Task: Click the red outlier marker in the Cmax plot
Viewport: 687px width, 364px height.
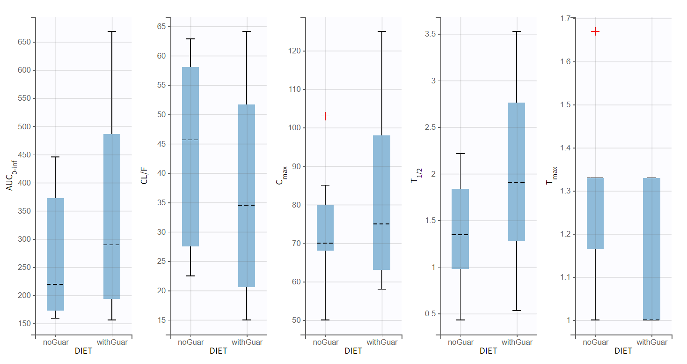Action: point(325,116)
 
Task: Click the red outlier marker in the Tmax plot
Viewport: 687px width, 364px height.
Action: point(595,31)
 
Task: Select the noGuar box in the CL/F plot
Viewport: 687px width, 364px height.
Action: point(190,156)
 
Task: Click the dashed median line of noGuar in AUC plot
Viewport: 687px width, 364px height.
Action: point(56,284)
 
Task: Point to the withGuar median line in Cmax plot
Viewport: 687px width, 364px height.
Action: point(381,224)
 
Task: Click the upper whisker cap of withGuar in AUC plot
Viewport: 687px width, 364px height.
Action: point(112,31)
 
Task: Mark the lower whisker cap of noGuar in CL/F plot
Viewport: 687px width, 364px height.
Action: point(190,276)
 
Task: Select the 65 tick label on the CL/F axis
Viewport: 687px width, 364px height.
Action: point(161,27)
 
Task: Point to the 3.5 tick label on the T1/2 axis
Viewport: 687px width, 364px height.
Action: point(429,34)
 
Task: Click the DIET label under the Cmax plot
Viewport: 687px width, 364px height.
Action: point(353,351)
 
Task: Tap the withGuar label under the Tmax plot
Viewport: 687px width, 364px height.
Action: point(651,342)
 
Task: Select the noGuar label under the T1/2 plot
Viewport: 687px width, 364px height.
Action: point(460,342)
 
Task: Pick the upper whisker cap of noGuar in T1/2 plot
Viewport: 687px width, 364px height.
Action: point(460,154)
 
